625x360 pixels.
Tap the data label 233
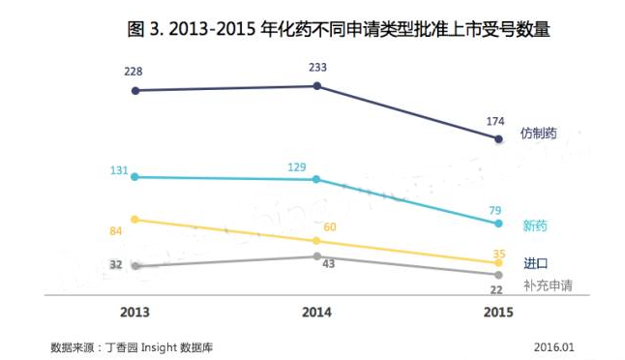317,68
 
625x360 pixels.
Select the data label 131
119,170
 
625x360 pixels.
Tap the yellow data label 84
118,230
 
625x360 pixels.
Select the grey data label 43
328,264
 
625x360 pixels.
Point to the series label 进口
536,263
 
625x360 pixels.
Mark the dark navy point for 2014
317,86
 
